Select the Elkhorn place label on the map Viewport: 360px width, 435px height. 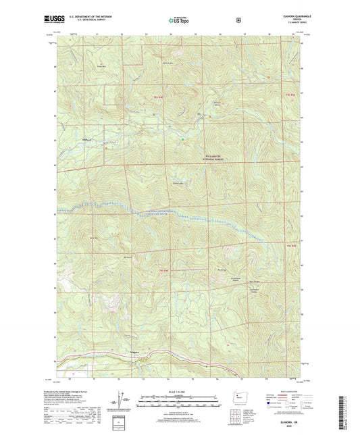[86, 140]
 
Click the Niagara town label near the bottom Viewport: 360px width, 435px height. [136, 353]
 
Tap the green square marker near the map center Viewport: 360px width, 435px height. [182, 140]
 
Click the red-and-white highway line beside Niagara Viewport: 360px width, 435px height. [155, 353]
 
